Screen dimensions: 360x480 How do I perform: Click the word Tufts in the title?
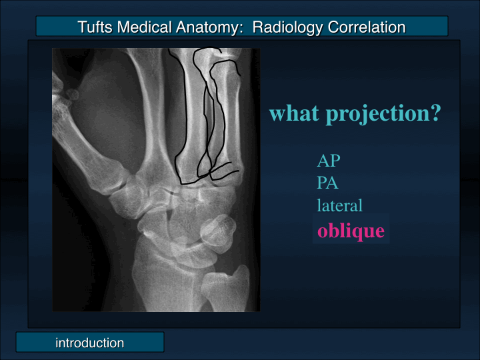(x=95, y=27)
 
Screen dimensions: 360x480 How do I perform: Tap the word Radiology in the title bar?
(x=288, y=27)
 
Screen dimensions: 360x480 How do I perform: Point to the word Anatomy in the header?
(x=201, y=27)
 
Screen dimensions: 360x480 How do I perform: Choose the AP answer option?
(x=329, y=161)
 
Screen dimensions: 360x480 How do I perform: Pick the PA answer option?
(x=328, y=183)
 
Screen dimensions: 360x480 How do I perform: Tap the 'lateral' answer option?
(x=339, y=206)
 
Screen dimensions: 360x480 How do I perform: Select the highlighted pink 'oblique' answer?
(x=351, y=231)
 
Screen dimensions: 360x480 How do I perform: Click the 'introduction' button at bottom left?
(x=89, y=343)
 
